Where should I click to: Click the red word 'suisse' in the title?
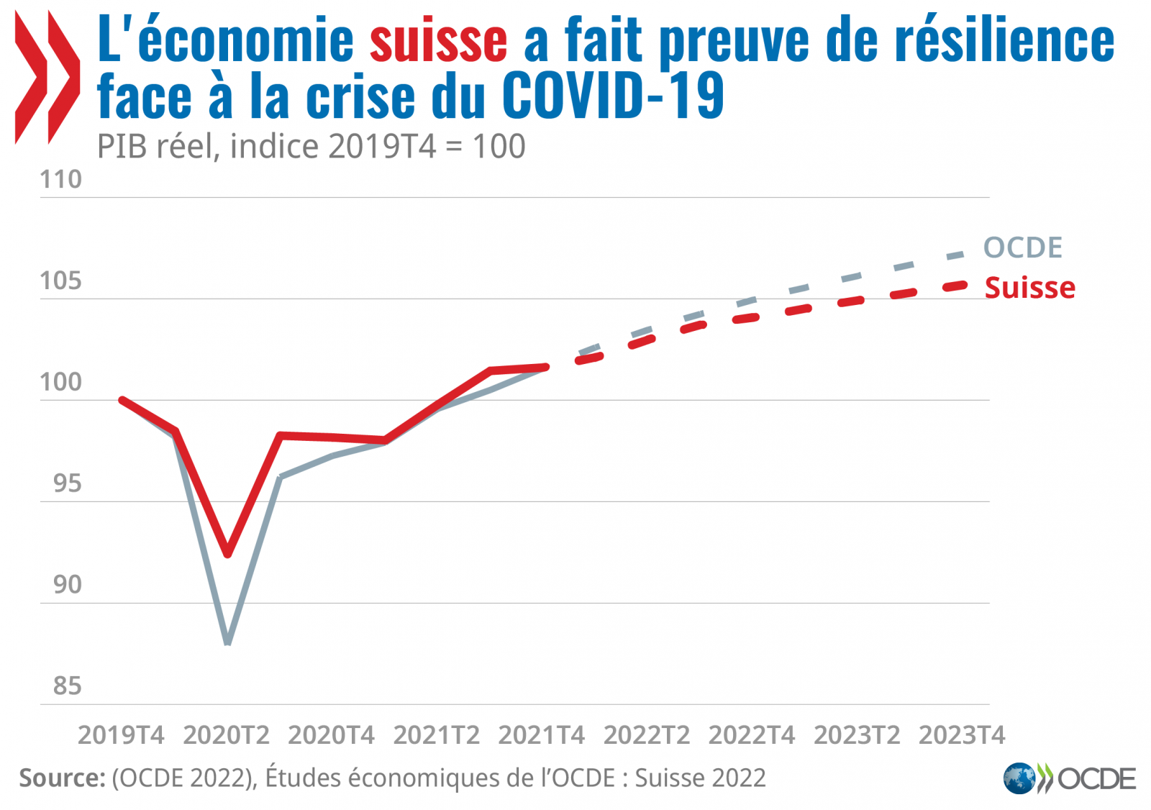click(438, 40)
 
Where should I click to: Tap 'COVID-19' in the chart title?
click(613, 96)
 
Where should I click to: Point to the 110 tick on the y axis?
click(61, 179)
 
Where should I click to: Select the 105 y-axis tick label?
click(61, 281)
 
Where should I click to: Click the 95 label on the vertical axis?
click(67, 483)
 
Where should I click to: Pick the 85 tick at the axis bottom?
click(67, 686)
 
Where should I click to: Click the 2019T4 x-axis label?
click(121, 735)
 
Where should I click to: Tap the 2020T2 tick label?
click(226, 735)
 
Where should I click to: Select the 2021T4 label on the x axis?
click(541, 735)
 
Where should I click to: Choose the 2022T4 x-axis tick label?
click(752, 735)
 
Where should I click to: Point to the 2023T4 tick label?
click(962, 735)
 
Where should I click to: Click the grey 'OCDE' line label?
click(1022, 247)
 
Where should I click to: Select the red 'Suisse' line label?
click(1029, 288)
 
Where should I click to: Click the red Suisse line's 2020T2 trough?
click(228, 553)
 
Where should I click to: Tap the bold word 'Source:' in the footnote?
click(63, 778)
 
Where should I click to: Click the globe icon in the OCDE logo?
click(1019, 778)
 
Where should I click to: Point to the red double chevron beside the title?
click(47, 78)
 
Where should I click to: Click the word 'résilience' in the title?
click(1004, 40)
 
